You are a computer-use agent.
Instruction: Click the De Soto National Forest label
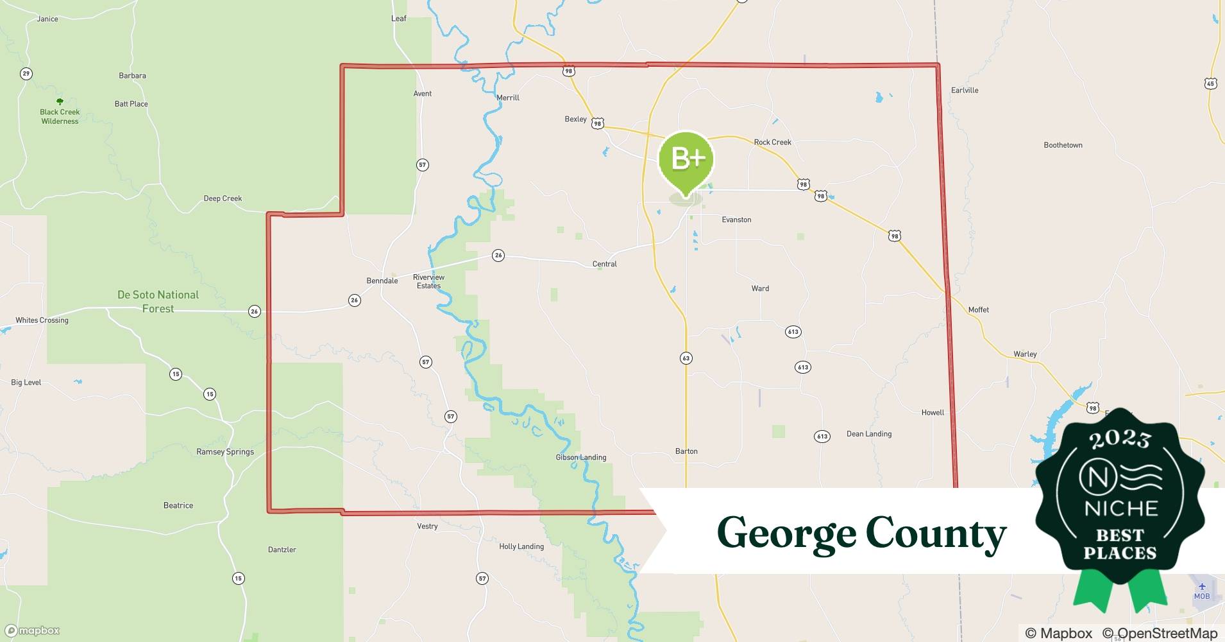(158, 302)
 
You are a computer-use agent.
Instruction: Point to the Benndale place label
(382, 281)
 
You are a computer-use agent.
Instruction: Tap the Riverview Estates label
(428, 281)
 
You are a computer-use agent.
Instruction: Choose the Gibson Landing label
(580, 457)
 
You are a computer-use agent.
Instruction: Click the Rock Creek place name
(772, 142)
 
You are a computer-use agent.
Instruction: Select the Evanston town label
(736, 220)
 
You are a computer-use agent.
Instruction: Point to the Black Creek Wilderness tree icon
(60, 101)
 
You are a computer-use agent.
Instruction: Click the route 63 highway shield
(686, 358)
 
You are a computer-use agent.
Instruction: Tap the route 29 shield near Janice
(26, 73)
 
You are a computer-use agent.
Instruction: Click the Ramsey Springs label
(225, 451)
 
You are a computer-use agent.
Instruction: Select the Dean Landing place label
(869, 433)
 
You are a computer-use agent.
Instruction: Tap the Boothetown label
(1063, 145)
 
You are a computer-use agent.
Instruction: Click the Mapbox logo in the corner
(33, 630)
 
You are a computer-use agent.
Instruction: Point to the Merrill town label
(508, 98)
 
